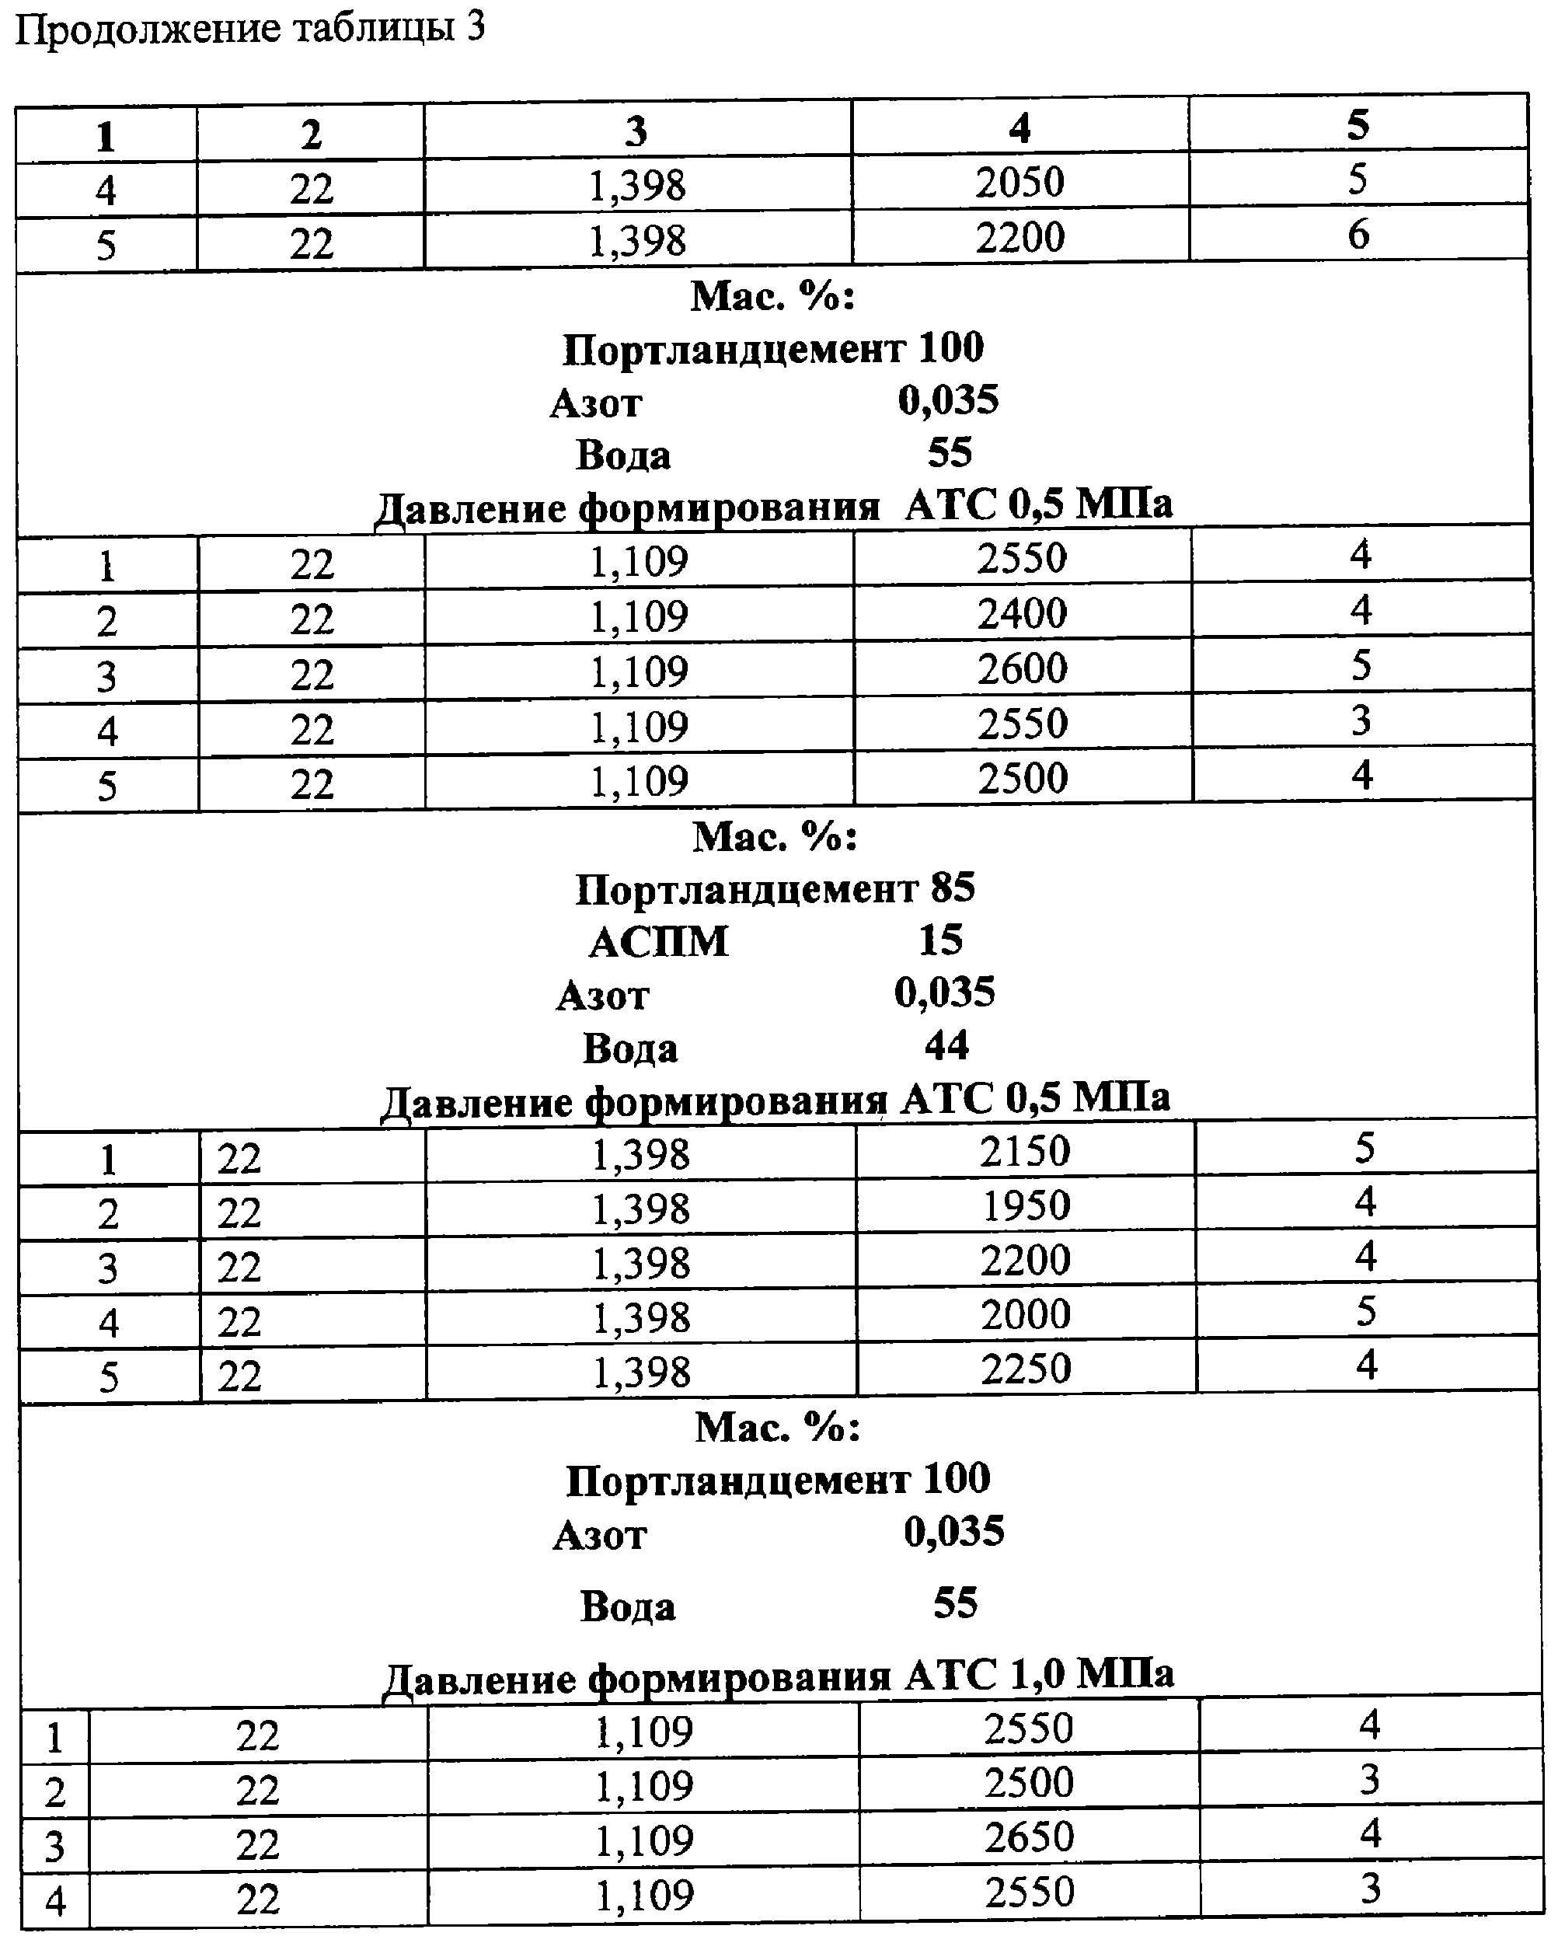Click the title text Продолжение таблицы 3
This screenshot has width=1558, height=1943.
tap(249, 30)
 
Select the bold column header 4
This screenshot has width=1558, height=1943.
tap(1019, 129)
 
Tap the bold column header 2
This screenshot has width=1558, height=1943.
tap(311, 135)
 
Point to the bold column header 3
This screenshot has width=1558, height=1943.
tap(636, 132)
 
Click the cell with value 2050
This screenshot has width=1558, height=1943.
tap(1019, 183)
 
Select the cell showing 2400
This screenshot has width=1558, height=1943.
tap(1022, 614)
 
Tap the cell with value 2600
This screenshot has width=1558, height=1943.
tap(1022, 668)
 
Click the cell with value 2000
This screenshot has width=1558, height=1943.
tap(1026, 1315)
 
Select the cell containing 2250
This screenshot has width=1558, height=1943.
tap(1026, 1369)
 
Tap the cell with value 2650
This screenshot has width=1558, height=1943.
tap(1028, 1837)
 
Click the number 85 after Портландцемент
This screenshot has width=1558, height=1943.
tap(953, 888)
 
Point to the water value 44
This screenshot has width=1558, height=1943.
tap(946, 1045)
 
